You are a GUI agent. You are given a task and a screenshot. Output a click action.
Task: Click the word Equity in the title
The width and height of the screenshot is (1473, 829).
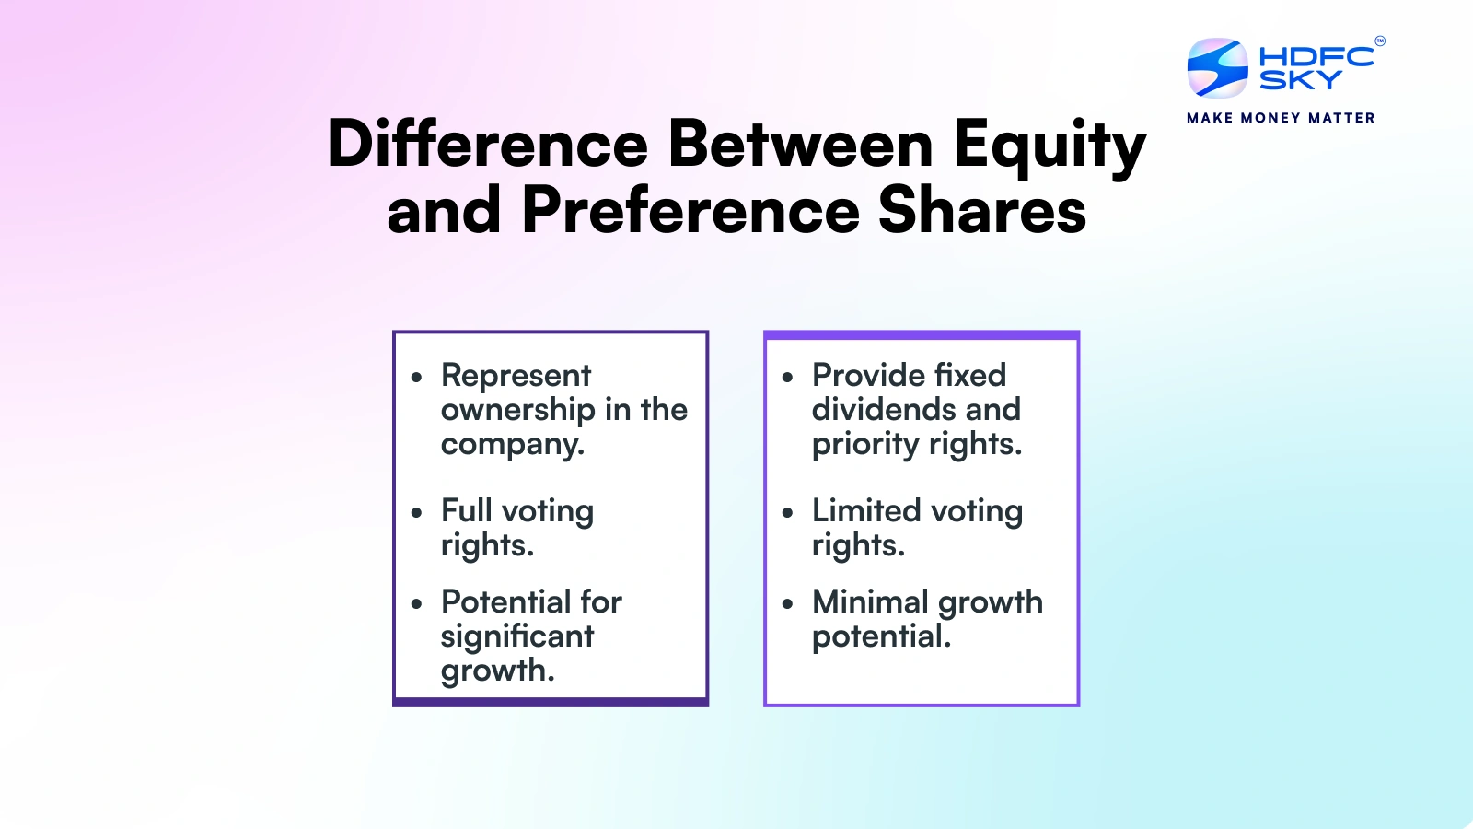pos(1049,146)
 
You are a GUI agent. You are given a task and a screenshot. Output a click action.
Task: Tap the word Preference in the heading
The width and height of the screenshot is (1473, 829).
pos(690,211)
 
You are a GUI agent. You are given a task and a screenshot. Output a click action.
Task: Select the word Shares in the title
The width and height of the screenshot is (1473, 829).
pos(982,211)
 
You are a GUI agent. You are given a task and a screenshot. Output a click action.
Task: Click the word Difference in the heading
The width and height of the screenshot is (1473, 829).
pos(488,145)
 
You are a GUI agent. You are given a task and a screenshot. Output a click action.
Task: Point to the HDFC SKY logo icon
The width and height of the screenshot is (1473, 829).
pos(1217,68)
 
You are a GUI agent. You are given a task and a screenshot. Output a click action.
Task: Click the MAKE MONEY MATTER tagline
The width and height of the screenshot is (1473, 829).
pos(1281,118)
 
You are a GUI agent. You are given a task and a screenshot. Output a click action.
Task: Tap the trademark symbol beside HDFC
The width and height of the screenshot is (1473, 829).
pos(1379,41)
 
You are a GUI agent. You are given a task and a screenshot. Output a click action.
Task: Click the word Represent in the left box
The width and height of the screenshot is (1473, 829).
pos(516,376)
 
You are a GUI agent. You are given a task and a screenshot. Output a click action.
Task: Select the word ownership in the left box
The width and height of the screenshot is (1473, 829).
pos(517,410)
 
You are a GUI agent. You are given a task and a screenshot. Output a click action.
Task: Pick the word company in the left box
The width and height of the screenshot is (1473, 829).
pos(512,444)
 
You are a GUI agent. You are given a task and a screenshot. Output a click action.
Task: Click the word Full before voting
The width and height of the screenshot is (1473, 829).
pos(467,510)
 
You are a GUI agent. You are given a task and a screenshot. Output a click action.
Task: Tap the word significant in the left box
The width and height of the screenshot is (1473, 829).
pos(517,636)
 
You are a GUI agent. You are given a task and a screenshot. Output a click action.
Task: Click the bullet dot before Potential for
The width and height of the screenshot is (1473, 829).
pos(417,604)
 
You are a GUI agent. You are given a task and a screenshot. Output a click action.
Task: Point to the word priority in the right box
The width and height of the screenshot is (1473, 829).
pos(865,444)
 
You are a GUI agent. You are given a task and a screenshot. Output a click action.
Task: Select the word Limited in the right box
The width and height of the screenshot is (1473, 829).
pos(866,510)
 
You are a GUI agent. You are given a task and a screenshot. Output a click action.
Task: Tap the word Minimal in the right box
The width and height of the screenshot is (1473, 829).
pos(870,601)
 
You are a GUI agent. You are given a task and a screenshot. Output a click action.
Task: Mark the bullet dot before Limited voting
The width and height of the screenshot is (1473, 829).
pos(787,513)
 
